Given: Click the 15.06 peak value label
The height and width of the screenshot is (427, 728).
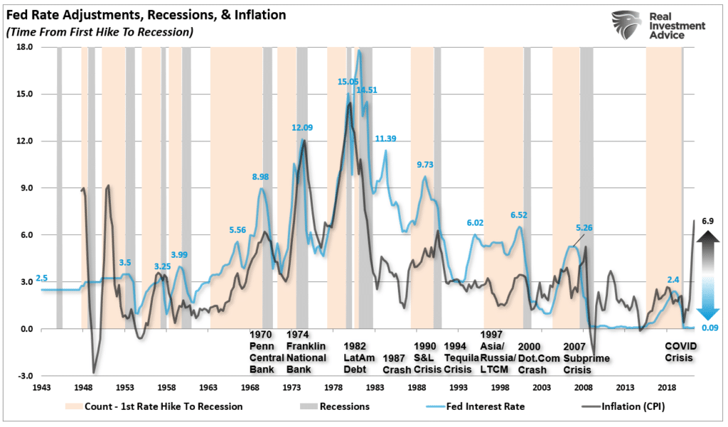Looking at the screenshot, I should tap(348, 82).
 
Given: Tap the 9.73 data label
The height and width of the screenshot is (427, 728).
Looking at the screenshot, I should tap(429, 165).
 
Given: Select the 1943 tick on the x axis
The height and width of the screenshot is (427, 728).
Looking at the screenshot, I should tap(42, 388).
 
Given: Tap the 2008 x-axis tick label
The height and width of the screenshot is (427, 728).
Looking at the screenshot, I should tap(584, 388).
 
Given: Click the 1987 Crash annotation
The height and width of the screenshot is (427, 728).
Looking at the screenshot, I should tap(397, 363).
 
